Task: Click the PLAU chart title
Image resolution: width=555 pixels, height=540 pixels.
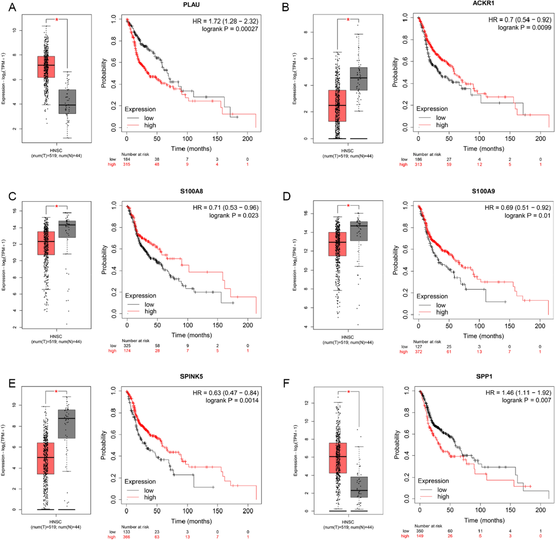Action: [x=192, y=5]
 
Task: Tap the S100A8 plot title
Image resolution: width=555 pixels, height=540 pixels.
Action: [x=192, y=192]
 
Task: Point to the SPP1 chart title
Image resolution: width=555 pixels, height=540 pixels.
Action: [x=484, y=376]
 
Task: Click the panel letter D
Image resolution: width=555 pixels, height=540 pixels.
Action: [x=286, y=196]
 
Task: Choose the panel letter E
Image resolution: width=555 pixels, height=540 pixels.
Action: [x=12, y=383]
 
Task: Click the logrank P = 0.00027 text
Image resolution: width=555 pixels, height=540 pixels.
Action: [x=230, y=29]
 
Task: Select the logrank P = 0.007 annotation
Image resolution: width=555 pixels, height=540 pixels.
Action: [x=526, y=400]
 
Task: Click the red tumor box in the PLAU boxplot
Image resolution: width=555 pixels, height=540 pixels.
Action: [x=46, y=67]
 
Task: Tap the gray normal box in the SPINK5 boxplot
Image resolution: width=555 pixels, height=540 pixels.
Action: [x=67, y=424]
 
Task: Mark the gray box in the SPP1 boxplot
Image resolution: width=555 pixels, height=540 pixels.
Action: [x=359, y=487]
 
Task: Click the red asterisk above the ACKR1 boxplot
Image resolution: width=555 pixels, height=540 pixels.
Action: [x=348, y=20]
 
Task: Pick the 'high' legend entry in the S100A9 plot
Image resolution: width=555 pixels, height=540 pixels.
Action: [x=442, y=312]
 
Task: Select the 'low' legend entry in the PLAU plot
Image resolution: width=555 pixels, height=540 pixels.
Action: [x=149, y=118]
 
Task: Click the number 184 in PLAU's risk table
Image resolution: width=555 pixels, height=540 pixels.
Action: [x=127, y=159]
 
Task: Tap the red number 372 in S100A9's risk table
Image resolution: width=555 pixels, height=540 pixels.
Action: [x=418, y=352]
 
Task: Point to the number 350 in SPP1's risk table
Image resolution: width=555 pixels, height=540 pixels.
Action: [x=419, y=531]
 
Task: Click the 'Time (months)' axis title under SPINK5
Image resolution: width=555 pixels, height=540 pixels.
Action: [x=192, y=521]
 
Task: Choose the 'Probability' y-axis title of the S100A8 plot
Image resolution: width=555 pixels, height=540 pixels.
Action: [x=104, y=260]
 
